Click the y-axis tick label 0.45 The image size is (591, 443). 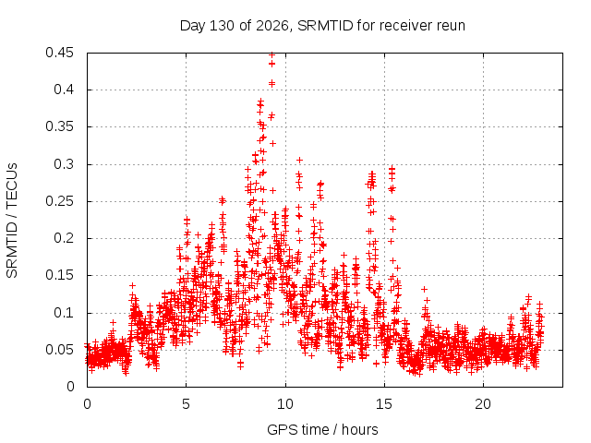59,53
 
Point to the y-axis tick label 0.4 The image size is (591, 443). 64,90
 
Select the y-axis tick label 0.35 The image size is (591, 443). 59,127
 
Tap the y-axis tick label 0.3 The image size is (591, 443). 64,164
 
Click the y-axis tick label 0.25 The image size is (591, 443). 59,201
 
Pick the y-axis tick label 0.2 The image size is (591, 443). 64,238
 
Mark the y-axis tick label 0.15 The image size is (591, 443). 59,275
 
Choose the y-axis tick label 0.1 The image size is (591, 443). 64,313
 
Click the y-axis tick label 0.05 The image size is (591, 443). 59,350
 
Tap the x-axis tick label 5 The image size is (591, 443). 186,404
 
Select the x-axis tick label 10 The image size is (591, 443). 285,404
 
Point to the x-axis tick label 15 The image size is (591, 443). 384,404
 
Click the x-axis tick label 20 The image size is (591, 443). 483,404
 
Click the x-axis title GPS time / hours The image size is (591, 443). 322,429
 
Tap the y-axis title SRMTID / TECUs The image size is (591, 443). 12,221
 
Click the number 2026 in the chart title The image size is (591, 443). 271,26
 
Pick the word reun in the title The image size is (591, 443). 451,27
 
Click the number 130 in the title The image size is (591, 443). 221,26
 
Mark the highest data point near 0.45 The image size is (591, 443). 271,54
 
